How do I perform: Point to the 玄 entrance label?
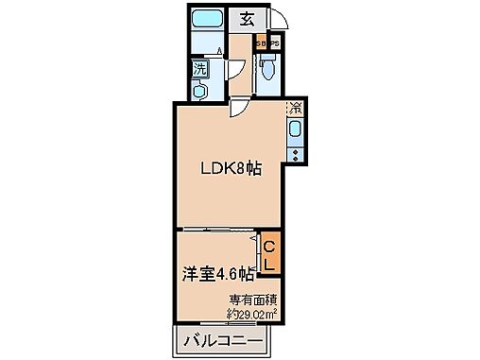pos(246,18)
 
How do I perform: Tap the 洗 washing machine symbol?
pos(200,68)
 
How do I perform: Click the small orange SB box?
pos(259,43)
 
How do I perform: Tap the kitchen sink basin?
pos(295,129)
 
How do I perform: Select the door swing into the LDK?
pos(242,108)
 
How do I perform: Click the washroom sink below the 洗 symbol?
pos(200,90)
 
